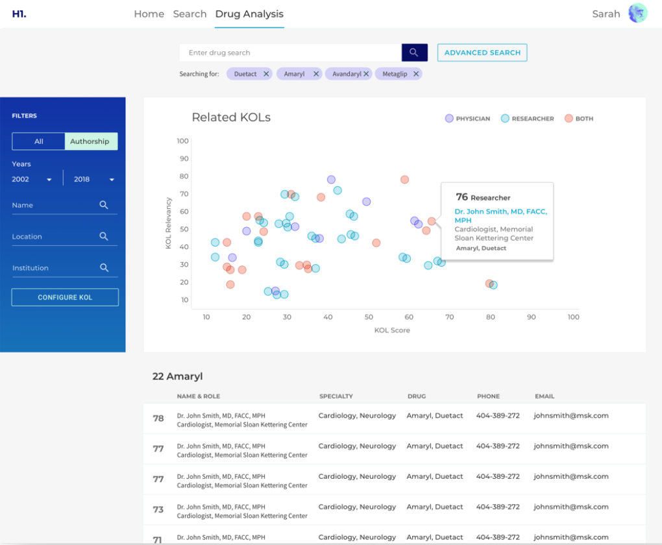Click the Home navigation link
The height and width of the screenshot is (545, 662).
pos(149,14)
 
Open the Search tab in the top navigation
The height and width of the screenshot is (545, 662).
pos(190,14)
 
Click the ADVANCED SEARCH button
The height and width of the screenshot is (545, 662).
pos(482,53)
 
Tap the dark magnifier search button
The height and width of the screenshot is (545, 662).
pos(414,53)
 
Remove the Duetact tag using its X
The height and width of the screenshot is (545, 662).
pos(266,74)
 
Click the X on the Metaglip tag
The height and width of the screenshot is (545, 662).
pos(416,74)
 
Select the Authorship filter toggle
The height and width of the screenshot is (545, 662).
pos(90,141)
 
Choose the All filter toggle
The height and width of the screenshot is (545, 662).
pos(39,141)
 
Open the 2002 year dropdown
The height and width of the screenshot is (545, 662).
pos(32,179)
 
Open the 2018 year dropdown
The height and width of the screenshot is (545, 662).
pos(93,179)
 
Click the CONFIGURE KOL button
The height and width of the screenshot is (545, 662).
pos(65,297)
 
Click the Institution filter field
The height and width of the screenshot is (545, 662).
pos(55,268)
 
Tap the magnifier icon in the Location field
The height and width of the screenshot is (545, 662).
pos(104,236)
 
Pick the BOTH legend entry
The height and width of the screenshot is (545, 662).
pos(579,119)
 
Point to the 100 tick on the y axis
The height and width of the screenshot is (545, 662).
pos(182,141)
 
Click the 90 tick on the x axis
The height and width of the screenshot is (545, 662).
pos(532,317)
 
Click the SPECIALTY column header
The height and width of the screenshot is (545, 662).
pos(336,396)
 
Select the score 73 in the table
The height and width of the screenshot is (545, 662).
pos(158,510)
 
